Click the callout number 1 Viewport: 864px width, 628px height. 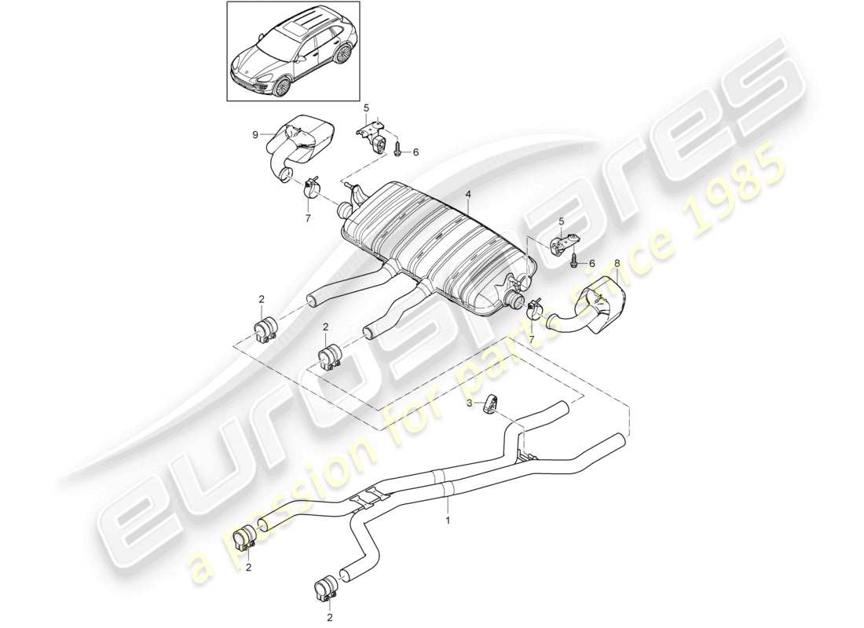pos(448,520)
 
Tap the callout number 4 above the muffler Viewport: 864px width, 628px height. pos(467,193)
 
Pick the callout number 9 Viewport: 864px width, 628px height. pos(254,135)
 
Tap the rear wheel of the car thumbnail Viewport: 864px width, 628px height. pos(342,54)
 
